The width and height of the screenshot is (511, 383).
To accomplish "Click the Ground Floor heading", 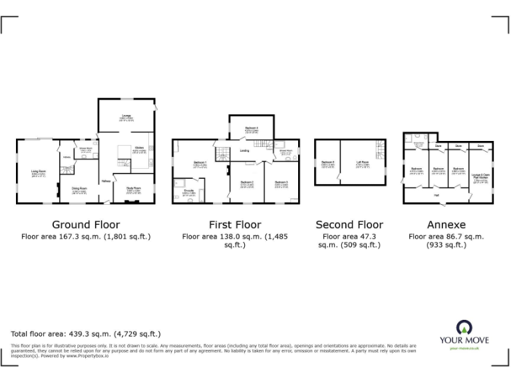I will tap(86, 225).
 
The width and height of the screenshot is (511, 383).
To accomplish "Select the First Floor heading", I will tap(235, 225).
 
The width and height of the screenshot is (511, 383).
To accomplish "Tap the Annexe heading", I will tap(446, 225).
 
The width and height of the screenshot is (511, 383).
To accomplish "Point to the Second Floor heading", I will tap(349, 225).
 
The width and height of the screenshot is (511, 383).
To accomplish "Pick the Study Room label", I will tap(134, 188).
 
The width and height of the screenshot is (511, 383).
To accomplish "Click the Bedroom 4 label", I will tap(252, 128).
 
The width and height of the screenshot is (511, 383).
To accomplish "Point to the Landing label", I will tap(245, 151).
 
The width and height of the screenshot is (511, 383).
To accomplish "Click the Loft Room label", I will tap(363, 162).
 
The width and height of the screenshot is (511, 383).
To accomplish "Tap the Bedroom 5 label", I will tap(328, 162).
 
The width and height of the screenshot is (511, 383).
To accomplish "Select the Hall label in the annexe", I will tap(436, 195).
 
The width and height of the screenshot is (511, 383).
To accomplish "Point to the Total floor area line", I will tap(86, 334).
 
